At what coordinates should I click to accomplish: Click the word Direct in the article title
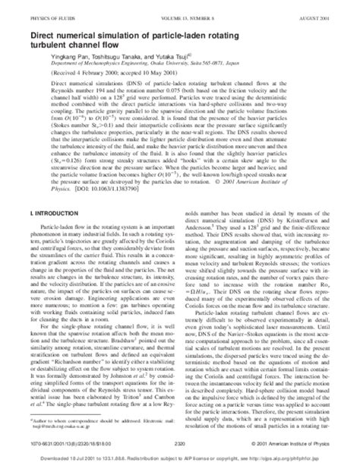point(43,27)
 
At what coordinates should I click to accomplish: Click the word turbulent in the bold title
point(51,39)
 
